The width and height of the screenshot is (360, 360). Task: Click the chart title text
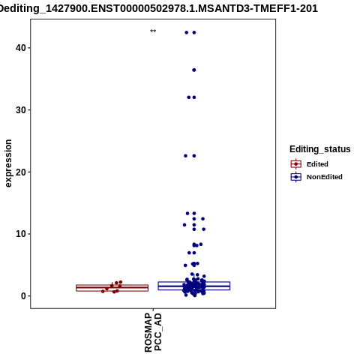click(158, 8)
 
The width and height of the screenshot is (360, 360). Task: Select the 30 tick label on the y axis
click(21, 110)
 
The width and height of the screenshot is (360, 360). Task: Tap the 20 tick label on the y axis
click(21, 172)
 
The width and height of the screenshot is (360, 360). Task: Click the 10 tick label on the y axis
click(21, 234)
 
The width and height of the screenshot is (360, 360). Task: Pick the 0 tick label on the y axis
click(24, 296)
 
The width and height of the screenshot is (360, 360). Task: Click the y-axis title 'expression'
click(8, 163)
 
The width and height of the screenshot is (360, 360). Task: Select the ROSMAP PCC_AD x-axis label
click(153, 332)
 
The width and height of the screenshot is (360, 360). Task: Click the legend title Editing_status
click(320, 149)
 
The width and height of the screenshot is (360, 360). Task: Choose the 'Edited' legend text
click(317, 164)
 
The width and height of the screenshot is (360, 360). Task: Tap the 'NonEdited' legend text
click(325, 177)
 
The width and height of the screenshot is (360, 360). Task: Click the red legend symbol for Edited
click(296, 164)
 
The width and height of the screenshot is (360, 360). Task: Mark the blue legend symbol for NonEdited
click(296, 177)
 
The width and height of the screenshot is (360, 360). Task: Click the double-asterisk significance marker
click(153, 31)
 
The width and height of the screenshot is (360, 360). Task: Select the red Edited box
click(112, 288)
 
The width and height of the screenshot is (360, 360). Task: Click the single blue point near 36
click(194, 70)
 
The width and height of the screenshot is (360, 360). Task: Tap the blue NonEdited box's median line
click(194, 286)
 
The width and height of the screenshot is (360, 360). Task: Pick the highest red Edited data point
click(121, 282)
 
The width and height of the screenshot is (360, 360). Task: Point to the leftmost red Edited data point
click(103, 291)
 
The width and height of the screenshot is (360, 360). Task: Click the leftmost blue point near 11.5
click(184, 225)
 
